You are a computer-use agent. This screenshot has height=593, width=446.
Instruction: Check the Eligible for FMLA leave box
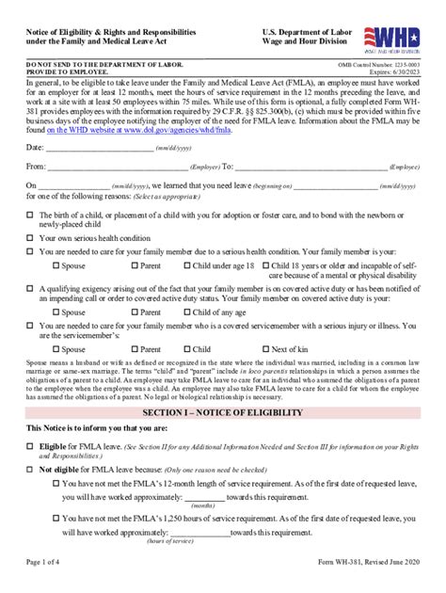31,446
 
